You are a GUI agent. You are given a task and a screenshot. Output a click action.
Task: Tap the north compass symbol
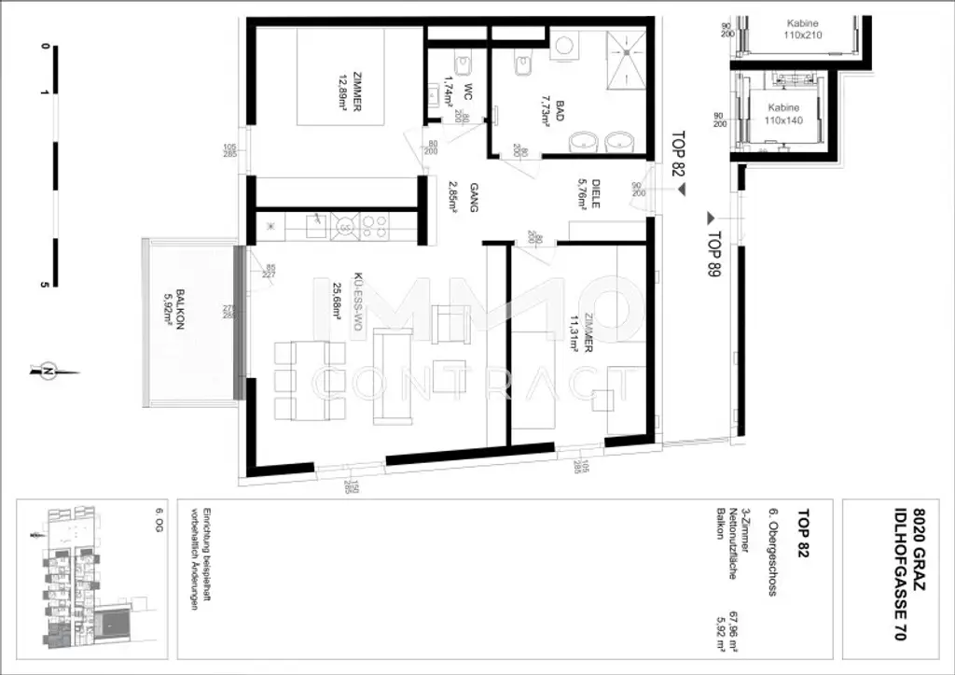click(x=47, y=371)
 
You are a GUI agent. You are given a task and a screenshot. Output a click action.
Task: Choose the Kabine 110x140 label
click(x=783, y=114)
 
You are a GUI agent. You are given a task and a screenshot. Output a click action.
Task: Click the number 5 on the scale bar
click(x=43, y=284)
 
